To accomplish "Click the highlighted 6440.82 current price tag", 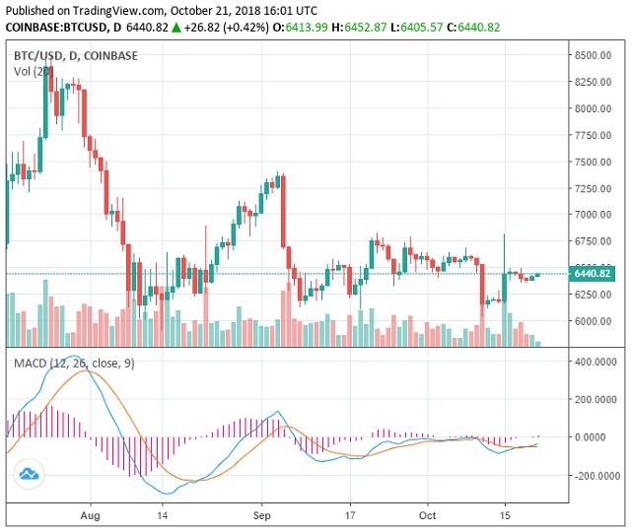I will click(592, 273).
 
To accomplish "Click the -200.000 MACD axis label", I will click(595, 475).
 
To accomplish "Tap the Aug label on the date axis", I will click(91, 514).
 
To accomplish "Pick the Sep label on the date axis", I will click(261, 514).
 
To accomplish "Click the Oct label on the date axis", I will click(427, 514).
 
